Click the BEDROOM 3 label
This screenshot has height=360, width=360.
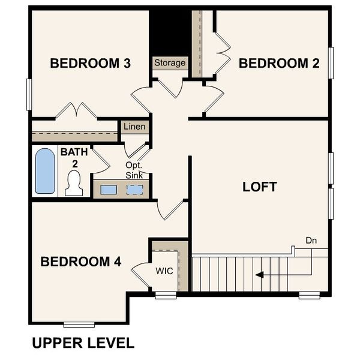pyautogui.click(x=91, y=63)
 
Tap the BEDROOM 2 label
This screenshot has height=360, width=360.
pyautogui.click(x=279, y=63)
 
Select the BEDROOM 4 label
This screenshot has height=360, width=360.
pyautogui.click(x=81, y=262)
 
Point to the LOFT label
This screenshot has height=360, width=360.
pyautogui.click(x=259, y=187)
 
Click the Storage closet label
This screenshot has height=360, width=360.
pyautogui.click(x=170, y=63)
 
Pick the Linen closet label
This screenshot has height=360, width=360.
pyautogui.click(x=134, y=127)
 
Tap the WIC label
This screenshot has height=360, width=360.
pyautogui.click(x=164, y=271)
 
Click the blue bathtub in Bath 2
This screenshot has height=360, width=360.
pyautogui.click(x=45, y=171)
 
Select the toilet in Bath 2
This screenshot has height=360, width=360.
pyautogui.click(x=74, y=182)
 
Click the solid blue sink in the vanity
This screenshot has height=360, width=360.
pyautogui.click(x=109, y=190)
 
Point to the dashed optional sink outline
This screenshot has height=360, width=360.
pyautogui.click(x=135, y=190)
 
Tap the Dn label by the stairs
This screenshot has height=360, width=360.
pyautogui.click(x=311, y=241)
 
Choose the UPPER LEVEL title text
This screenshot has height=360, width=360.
pyautogui.click(x=83, y=343)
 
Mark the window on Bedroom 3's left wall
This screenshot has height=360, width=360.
pyautogui.click(x=28, y=94)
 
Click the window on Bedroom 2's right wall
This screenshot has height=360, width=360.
pyautogui.click(x=331, y=62)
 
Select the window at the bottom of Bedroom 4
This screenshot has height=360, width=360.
pyautogui.click(x=79, y=325)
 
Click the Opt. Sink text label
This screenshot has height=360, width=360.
pyautogui.click(x=134, y=170)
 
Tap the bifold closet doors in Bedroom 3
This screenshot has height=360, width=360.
pyautogui.click(x=77, y=110)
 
